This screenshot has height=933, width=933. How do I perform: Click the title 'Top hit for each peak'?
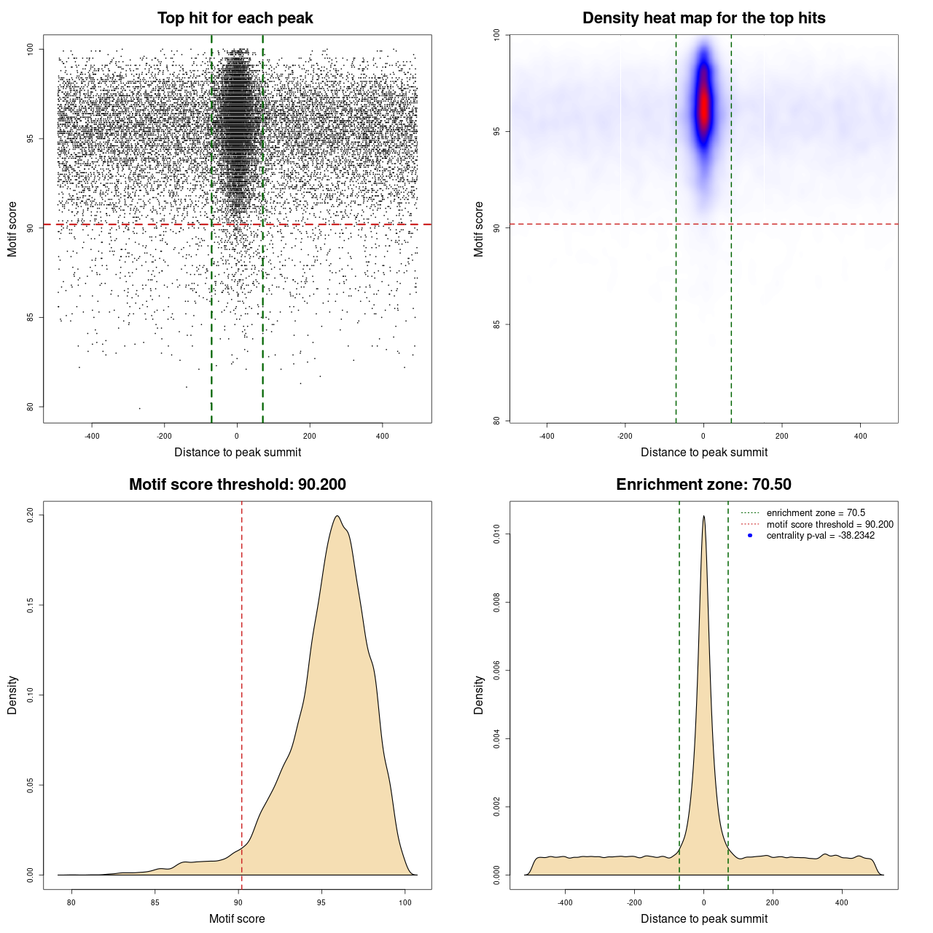tap(235, 18)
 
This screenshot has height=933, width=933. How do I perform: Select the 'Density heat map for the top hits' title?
tap(703, 18)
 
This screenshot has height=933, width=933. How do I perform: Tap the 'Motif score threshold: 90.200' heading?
tap(237, 485)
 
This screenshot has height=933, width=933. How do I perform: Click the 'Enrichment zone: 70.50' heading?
tap(703, 485)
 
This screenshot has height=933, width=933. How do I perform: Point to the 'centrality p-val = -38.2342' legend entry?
tap(820, 536)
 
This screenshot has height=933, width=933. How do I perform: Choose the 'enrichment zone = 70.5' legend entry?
tap(816, 513)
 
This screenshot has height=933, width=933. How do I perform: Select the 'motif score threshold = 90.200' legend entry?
tap(829, 525)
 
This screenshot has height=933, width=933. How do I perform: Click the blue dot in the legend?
tap(750, 536)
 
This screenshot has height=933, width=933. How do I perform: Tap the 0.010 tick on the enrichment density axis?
tap(496, 535)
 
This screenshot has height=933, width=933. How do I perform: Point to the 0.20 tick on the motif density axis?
tap(30, 515)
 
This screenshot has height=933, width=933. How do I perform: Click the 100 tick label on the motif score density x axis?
tap(405, 902)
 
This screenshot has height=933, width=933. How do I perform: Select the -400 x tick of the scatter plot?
tap(92, 436)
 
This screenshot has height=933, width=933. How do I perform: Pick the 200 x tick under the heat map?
tap(781, 436)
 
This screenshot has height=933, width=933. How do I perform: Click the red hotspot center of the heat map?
tap(703, 109)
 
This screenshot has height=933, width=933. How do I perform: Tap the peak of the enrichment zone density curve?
tap(703, 516)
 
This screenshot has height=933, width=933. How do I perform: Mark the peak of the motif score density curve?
tap(337, 516)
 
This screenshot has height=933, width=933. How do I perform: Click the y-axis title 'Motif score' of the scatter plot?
tap(12, 229)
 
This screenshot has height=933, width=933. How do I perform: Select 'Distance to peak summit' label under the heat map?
tap(703, 453)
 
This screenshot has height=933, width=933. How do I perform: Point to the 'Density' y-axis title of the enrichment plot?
tap(479, 695)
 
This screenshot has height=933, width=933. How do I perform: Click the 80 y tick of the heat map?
tap(496, 421)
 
